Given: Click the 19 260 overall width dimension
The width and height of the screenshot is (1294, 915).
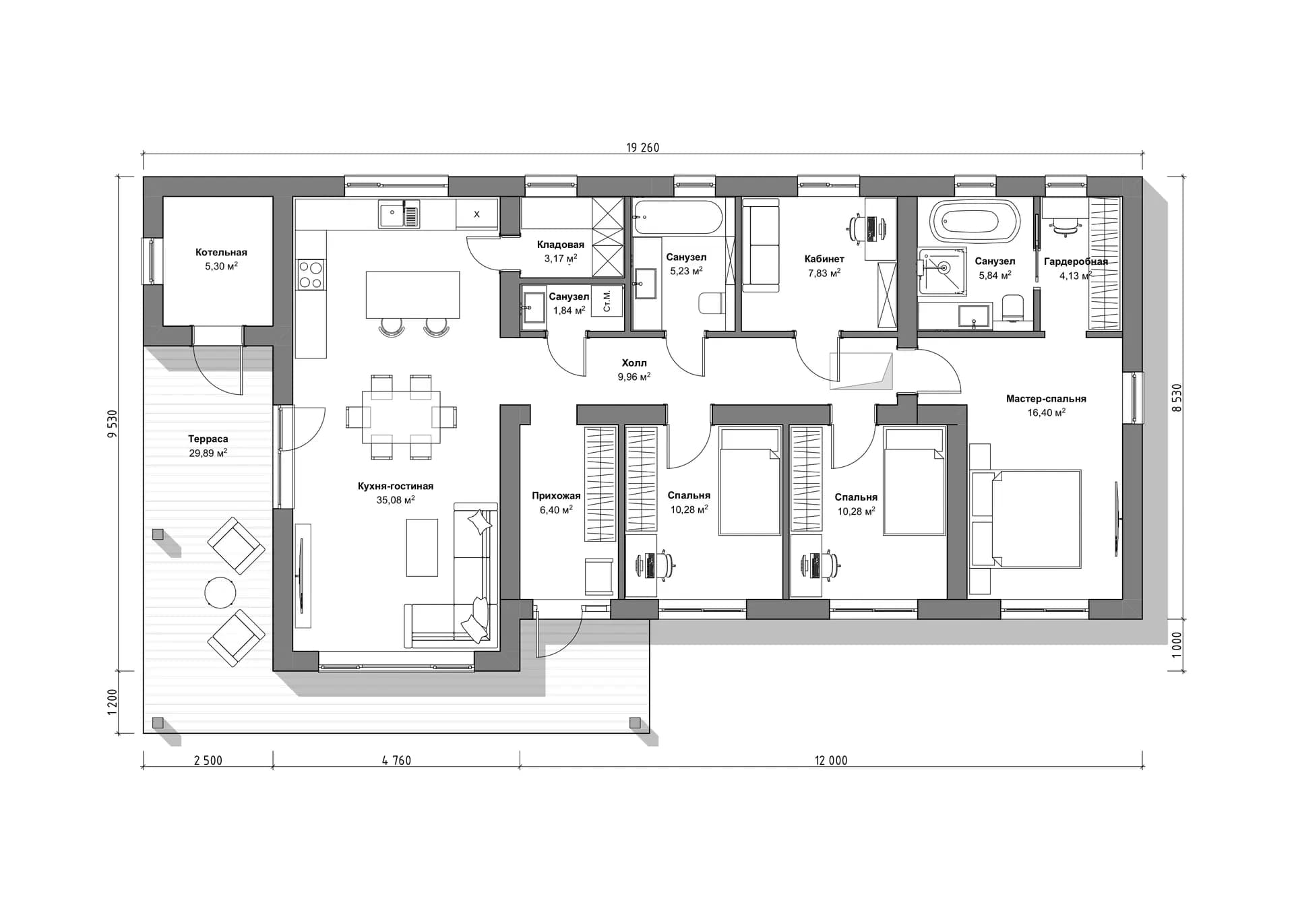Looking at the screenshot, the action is coord(642,148).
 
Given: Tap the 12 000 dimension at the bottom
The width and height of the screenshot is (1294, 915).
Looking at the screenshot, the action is coord(831,761).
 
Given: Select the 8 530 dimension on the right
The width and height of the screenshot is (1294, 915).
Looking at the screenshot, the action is coord(1177,398).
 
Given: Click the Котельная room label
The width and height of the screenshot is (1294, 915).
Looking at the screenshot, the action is coord(221,253).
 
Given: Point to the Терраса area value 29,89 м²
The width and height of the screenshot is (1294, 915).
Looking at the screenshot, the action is coord(208,453).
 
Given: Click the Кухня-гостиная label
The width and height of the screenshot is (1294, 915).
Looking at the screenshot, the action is coord(396,486).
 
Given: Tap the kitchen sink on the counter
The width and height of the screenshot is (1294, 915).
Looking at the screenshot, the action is coord(398,214).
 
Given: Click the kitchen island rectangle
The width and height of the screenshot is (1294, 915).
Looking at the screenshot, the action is coord(412,294).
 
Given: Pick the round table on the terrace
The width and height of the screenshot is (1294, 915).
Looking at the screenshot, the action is coord(220,593).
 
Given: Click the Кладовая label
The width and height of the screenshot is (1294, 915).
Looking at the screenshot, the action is coord(561,245).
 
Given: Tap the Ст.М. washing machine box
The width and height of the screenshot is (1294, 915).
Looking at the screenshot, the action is coord(607,301).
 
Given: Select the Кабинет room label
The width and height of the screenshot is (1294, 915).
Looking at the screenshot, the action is coord(824,259).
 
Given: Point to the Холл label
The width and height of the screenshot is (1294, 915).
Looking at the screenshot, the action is coord(634,363).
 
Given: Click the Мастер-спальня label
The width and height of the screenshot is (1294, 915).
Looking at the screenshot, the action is coord(1046,399).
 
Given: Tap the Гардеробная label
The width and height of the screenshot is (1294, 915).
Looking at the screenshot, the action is coord(1076,261).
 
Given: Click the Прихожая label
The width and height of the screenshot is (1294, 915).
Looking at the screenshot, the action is coord(556,496).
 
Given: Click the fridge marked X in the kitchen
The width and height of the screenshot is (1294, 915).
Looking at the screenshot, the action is coord(476,214).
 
